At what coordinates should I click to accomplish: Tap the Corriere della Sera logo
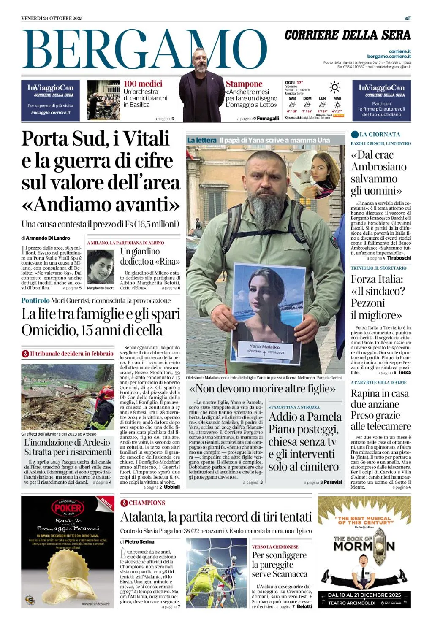(348, 35)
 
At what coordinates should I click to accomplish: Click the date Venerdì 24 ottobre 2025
(52, 18)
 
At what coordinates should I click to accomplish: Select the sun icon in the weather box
(335, 87)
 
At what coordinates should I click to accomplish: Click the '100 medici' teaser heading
(143, 84)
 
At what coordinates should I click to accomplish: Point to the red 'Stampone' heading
(244, 84)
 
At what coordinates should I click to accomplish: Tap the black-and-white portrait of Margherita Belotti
(101, 267)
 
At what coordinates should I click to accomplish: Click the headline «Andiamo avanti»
(101, 205)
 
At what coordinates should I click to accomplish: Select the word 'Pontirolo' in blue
(35, 300)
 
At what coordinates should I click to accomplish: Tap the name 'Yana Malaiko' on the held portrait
(264, 346)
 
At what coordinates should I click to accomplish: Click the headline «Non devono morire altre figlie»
(262, 388)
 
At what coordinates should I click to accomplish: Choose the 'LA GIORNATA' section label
(380, 135)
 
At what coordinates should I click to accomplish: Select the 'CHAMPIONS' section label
(147, 503)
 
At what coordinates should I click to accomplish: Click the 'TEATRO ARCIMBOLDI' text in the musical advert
(352, 603)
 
